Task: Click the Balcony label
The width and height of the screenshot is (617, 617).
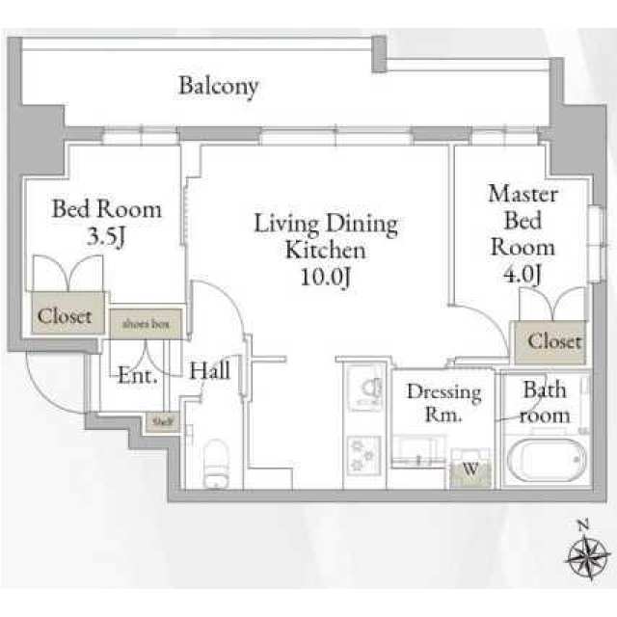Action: [x=219, y=86]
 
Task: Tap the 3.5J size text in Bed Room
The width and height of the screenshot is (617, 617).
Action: [x=106, y=236]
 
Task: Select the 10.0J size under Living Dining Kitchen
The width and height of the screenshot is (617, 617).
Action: [x=326, y=277]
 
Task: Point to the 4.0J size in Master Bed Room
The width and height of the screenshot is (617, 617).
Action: [x=523, y=273]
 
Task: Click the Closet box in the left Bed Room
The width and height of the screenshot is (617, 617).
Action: [x=67, y=313]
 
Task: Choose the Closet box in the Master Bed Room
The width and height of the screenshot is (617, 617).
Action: [x=550, y=342]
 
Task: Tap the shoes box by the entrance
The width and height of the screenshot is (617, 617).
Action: [x=146, y=324]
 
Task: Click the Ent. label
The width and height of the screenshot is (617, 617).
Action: [x=138, y=375]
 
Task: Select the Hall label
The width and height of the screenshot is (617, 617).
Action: [x=210, y=370]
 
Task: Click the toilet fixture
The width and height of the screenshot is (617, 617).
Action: [x=216, y=463]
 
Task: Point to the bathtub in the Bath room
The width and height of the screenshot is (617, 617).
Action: [x=547, y=460]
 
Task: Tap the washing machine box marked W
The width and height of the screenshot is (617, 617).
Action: [x=470, y=469]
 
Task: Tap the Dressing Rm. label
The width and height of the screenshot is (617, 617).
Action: [x=443, y=403]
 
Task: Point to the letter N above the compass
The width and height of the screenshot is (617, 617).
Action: [x=583, y=525]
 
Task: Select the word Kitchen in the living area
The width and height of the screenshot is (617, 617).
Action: [x=326, y=251]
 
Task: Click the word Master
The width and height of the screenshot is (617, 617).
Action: [x=523, y=194]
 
